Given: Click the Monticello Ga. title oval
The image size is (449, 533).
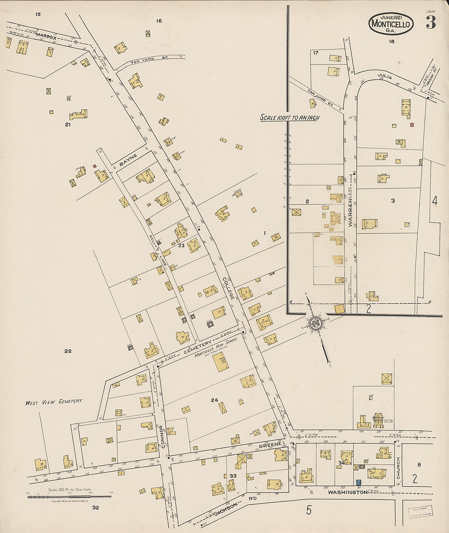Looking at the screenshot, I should point(391,24).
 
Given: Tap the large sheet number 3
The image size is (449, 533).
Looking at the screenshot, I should point(431,23).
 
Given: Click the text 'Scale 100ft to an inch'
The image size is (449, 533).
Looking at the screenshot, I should point(290,118).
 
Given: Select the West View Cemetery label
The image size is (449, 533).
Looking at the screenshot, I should point(53,402).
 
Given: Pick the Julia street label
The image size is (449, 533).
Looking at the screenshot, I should point(385,77).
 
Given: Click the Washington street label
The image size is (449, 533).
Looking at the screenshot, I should point(347,493).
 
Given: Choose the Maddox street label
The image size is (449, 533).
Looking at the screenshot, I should point(46,37).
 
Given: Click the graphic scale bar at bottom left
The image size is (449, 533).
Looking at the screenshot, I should point(69,497).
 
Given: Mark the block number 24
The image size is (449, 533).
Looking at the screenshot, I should point(214,400).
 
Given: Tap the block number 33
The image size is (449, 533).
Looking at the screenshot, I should point(233,476).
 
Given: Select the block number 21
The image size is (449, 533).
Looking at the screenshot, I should point(67,125).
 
